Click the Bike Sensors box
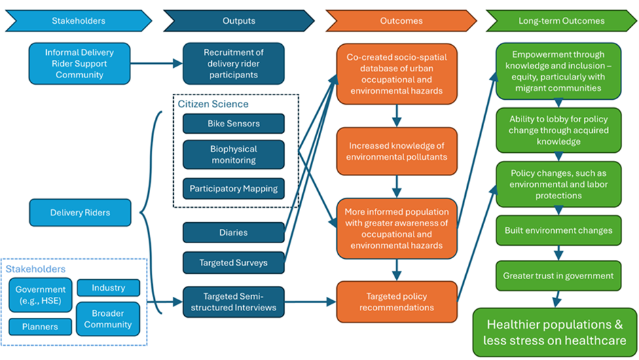tap(234, 124)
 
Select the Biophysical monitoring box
tap(234, 155)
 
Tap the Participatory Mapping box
tap(234, 189)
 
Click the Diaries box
tap(234, 232)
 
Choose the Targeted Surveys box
tap(234, 262)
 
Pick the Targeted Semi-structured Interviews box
tap(234, 302)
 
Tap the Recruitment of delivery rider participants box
tap(234, 64)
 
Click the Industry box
tap(109, 288)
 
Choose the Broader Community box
tap(109, 319)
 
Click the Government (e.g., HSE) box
tap(41, 295)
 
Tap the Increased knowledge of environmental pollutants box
tap(397, 151)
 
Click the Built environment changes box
tap(558, 230)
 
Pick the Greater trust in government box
tap(558, 276)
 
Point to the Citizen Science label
tap(213, 104)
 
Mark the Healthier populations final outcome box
tap(555, 332)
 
